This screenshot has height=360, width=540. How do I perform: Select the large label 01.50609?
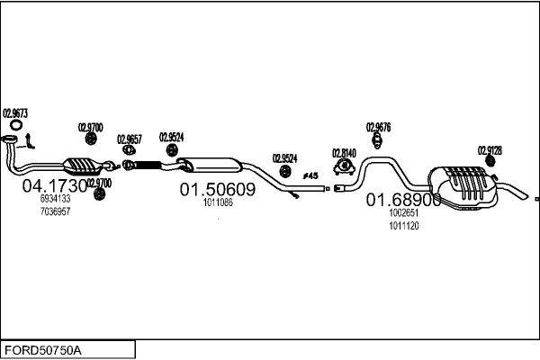[218, 191]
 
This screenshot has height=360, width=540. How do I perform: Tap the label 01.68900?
[403, 202]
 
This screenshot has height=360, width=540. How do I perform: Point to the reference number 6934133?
[55, 199]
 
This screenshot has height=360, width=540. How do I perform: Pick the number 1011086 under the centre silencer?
[218, 202]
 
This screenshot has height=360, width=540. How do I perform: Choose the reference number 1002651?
[403, 214]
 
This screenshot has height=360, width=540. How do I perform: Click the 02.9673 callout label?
[15, 113]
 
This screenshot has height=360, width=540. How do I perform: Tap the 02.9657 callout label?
[130, 139]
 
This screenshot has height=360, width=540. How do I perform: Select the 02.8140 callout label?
[345, 152]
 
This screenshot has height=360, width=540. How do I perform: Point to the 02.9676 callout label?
[378, 127]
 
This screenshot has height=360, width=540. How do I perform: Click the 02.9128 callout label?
[490, 149]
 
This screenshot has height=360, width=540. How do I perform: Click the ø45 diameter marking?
[310, 175]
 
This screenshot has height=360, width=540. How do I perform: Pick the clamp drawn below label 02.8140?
[344, 166]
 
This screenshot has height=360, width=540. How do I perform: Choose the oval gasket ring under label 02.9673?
[12, 138]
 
